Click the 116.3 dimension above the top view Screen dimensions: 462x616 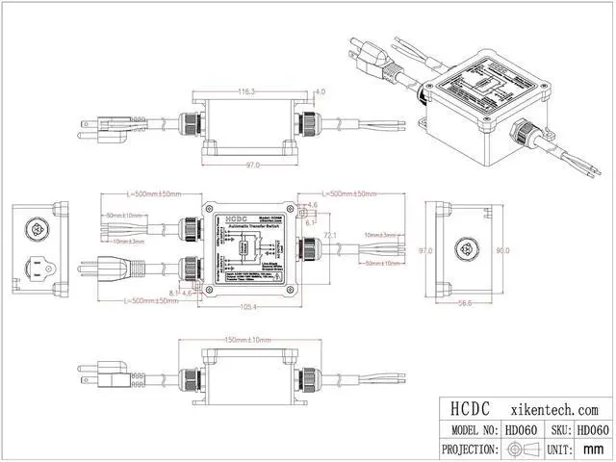pyautogui.click(x=246, y=92)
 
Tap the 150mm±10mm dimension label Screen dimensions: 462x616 pyautogui.click(x=246, y=341)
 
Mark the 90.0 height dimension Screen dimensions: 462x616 pyautogui.click(x=501, y=250)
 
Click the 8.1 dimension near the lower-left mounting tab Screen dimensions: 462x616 pyautogui.click(x=172, y=293)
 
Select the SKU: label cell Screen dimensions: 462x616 pyautogui.click(x=559, y=429)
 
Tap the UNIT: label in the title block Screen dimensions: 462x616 pyautogui.click(x=559, y=449)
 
